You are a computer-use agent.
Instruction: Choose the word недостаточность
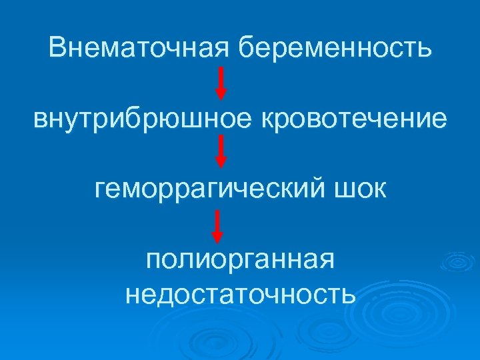pos(240,293)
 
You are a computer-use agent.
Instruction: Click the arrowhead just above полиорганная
pos(217,235)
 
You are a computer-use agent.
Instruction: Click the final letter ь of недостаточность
pos(349,294)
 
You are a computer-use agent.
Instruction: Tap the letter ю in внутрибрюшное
pos(175,120)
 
